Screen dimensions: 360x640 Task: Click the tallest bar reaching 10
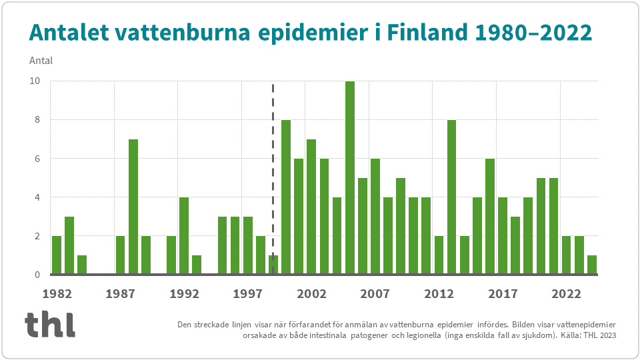click(349, 177)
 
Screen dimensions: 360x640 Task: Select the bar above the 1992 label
click(184, 235)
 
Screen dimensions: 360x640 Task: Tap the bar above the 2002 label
click(311, 206)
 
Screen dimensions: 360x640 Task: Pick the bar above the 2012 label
click(439, 255)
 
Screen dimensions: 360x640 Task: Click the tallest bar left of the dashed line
click(133, 206)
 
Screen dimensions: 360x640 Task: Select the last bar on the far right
click(592, 264)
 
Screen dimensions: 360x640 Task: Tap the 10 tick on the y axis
click(34, 81)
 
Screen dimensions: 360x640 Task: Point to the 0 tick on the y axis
click(37, 275)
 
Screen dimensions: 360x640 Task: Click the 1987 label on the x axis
click(121, 293)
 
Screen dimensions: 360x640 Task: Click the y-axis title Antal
click(41, 61)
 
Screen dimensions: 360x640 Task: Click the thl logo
click(50, 324)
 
